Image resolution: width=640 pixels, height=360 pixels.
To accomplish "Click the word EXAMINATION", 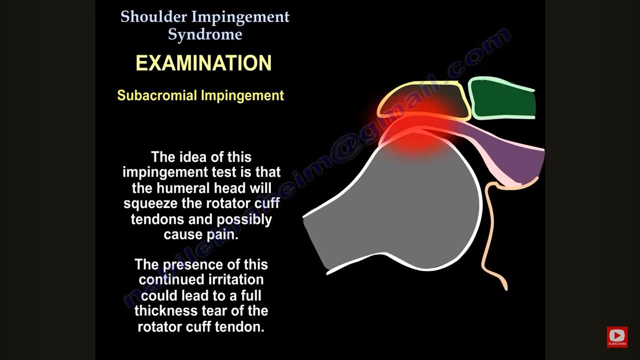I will coord(203,63).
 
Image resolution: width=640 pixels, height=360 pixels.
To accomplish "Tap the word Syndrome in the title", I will coord(205,34).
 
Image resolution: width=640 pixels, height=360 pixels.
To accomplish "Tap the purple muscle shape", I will coord(520,160).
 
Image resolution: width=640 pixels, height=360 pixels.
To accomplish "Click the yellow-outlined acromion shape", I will coord(425,97).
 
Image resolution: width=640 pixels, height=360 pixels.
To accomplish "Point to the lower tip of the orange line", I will coord(506,288).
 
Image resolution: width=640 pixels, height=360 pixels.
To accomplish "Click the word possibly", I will coord(244,219).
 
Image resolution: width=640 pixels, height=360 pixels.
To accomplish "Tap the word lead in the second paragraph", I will coord(198,295).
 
